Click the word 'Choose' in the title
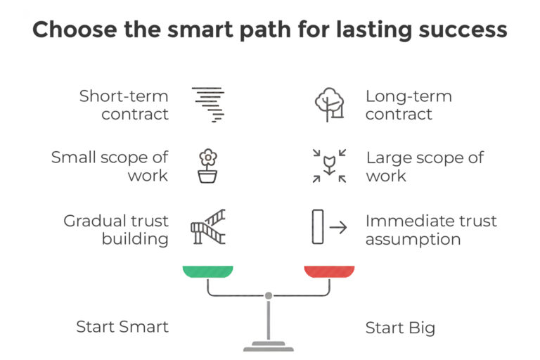click(x=75, y=30)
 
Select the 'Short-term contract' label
click(x=124, y=105)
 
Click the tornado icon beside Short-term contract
click(x=208, y=105)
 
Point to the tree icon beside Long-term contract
click(x=330, y=105)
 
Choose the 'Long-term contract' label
click(x=409, y=105)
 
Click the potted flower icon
click(x=207, y=166)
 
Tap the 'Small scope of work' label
click(x=110, y=166)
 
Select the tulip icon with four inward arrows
click(x=330, y=166)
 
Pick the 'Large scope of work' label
click(x=425, y=167)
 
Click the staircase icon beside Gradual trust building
click(x=208, y=226)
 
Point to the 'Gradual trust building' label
click(x=116, y=230)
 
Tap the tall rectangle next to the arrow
click(x=318, y=226)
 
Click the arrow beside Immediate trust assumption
click(x=338, y=227)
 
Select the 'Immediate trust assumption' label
click(x=431, y=230)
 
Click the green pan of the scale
click(x=208, y=271)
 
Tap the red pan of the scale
click(x=330, y=271)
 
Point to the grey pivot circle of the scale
click(x=269, y=295)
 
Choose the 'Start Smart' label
click(x=122, y=326)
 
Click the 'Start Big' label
click(x=400, y=328)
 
